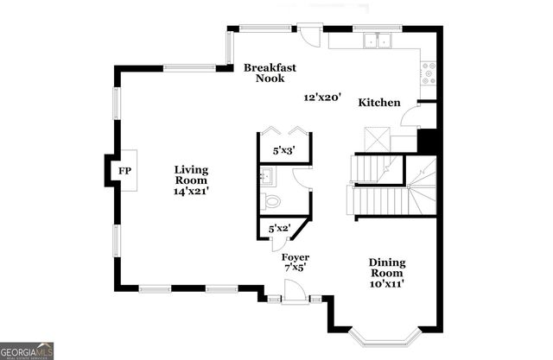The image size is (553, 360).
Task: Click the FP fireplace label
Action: tap(124, 171)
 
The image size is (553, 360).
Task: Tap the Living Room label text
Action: tap(191, 175)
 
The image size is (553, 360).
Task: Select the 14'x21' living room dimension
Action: tap(191, 192)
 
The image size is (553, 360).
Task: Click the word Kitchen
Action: tap(379, 103)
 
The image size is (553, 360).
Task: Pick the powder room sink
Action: tap(266, 178)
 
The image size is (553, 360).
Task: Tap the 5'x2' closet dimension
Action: tap(279, 229)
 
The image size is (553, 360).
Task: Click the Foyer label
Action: tap(296, 257)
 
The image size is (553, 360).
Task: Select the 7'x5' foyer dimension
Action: tap(296, 268)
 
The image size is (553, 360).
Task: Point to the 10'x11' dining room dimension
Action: tap(387, 282)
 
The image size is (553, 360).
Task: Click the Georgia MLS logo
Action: tap(28, 350)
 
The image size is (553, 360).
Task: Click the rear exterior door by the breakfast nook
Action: tap(308, 30)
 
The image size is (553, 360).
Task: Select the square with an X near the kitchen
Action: tap(377, 138)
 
